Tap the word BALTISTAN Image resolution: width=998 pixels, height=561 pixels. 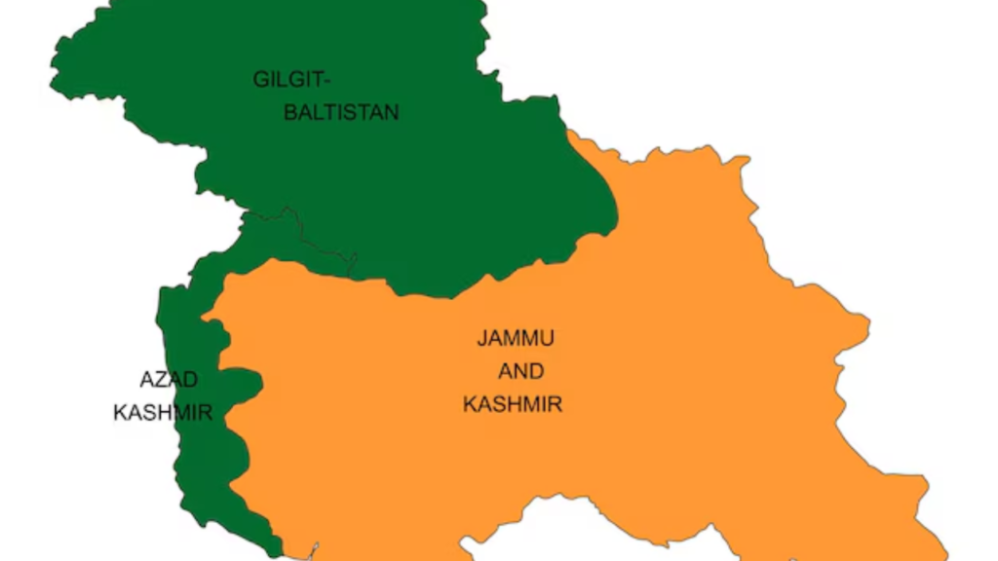(341, 113)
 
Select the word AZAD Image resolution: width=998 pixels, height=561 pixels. (169, 380)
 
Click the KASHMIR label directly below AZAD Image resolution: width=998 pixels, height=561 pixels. (163, 413)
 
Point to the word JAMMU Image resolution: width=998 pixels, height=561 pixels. (516, 339)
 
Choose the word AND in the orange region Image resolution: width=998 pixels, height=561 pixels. (520, 372)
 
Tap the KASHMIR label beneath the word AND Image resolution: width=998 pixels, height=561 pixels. (513, 404)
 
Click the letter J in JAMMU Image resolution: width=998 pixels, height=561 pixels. (480, 339)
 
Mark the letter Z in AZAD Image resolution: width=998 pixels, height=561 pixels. (163, 380)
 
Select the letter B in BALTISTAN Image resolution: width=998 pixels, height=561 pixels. (290, 113)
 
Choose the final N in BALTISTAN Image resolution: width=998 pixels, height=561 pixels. (392, 113)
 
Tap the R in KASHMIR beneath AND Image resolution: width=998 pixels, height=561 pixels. (556, 404)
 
